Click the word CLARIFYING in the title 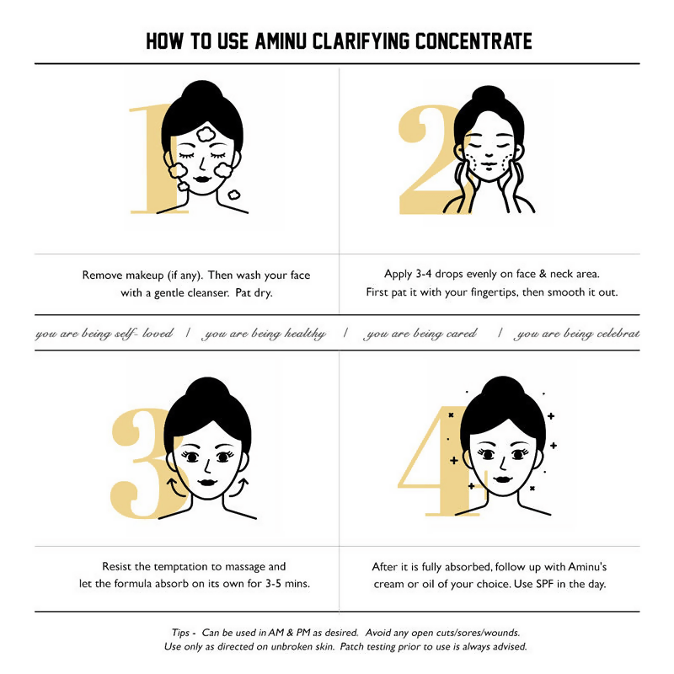361,41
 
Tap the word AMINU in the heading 281,41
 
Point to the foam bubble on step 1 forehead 206,134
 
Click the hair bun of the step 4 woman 503,388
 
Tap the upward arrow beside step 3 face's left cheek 174,486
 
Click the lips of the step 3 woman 207,482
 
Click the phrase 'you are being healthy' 263,334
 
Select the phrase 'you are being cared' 420,334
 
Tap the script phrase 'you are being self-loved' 104,334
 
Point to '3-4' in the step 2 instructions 424,274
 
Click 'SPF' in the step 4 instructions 544,584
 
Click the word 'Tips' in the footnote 180,633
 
